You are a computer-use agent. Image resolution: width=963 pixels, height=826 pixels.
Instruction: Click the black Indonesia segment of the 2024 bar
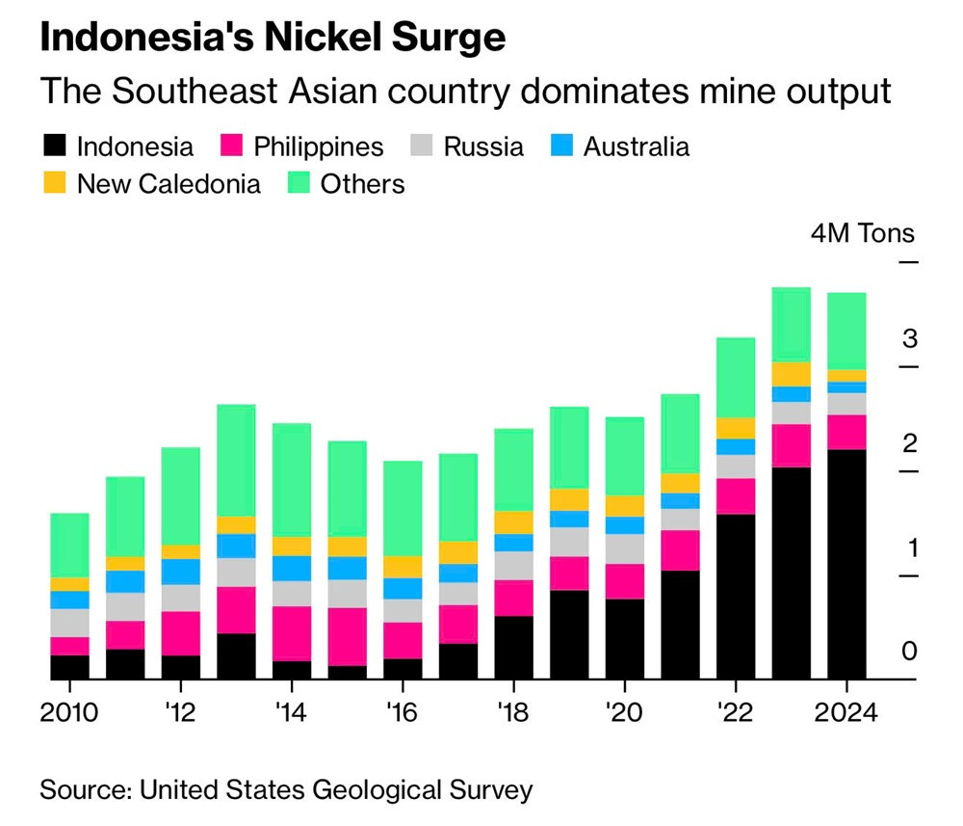click(x=846, y=564)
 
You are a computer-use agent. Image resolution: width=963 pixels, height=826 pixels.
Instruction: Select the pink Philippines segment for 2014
click(x=292, y=633)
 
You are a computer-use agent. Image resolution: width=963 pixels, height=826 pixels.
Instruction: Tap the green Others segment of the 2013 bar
click(x=237, y=460)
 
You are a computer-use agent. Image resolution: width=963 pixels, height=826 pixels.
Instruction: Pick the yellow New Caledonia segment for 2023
click(x=792, y=374)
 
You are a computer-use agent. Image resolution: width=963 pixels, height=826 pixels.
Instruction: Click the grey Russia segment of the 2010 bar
click(x=69, y=623)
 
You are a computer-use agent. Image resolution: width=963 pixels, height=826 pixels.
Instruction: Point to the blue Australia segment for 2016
click(x=403, y=588)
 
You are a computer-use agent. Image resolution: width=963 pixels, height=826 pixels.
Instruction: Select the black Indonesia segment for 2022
click(x=736, y=597)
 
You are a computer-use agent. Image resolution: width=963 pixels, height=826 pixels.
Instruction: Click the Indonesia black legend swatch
click(x=55, y=147)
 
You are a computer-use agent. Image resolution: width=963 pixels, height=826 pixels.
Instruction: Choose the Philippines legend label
click(x=319, y=147)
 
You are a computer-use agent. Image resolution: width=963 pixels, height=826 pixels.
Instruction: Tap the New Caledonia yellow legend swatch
click(x=55, y=183)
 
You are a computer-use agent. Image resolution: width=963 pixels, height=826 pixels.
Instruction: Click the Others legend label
click(x=363, y=183)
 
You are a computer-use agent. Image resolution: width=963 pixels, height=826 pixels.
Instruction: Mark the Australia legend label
click(x=637, y=147)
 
